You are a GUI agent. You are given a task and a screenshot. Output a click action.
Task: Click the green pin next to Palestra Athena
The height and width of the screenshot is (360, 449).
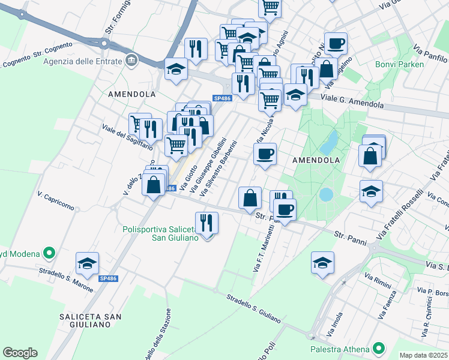tap(378, 348)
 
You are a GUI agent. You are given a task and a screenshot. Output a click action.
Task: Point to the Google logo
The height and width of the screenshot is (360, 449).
tap(20, 353)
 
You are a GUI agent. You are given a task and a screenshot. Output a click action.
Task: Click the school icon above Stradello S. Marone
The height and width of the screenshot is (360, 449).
tap(87, 263)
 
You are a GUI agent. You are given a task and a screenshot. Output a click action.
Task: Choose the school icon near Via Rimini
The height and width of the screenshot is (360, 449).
tap(323, 263)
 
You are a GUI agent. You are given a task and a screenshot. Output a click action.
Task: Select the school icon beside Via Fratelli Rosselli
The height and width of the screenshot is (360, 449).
tap(372, 191)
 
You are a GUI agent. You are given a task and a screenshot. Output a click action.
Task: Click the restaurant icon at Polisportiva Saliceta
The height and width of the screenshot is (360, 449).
tap(206, 223)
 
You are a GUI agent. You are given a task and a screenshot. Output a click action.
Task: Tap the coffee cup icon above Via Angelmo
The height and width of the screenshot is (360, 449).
tap(336, 44)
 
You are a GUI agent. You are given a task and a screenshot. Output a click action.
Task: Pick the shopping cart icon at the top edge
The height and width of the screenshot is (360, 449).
tap(270, 8)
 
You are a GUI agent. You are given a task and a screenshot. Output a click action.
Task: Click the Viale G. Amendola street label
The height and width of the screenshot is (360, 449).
tap(352, 100)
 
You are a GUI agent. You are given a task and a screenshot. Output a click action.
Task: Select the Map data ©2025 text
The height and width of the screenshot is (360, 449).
tap(424, 355)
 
